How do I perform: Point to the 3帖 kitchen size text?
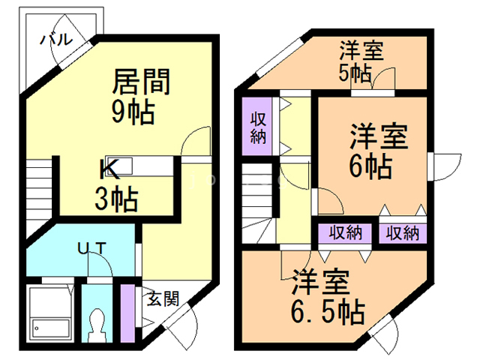point(115,200)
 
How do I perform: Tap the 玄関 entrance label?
point(162,299)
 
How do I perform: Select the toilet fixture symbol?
point(95,325)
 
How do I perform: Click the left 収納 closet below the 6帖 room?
point(344,232)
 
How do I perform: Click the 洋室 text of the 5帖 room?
point(361,52)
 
